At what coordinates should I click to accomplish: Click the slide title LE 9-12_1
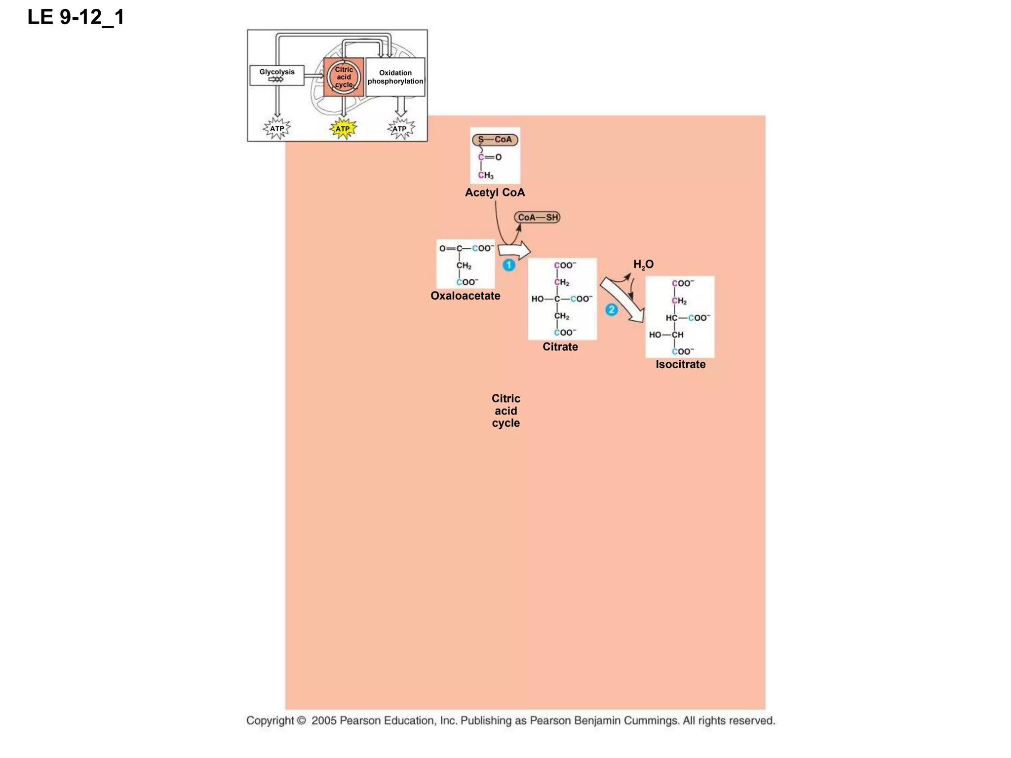(76, 17)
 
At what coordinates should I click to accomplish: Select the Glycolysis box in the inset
(276, 75)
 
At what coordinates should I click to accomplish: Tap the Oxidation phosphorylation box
(395, 77)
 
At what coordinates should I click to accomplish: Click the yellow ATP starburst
(343, 129)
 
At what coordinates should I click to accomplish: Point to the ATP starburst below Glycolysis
(277, 129)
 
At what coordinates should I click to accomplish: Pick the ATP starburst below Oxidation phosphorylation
(400, 129)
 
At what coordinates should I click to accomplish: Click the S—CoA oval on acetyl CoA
(495, 140)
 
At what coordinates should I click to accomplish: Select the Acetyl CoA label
(495, 192)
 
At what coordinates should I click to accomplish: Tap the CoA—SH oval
(537, 217)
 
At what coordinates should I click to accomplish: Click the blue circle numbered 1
(509, 265)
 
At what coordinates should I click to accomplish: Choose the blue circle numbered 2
(611, 310)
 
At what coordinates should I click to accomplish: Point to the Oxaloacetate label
(465, 296)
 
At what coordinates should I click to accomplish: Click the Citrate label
(560, 346)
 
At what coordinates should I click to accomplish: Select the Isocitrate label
(680, 364)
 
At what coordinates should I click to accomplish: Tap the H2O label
(643, 265)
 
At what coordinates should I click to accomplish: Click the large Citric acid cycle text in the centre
(505, 411)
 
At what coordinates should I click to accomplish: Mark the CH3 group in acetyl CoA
(486, 175)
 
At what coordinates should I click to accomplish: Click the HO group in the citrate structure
(537, 299)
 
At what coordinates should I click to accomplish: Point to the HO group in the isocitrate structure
(655, 335)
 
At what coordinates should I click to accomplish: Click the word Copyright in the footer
(270, 720)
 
